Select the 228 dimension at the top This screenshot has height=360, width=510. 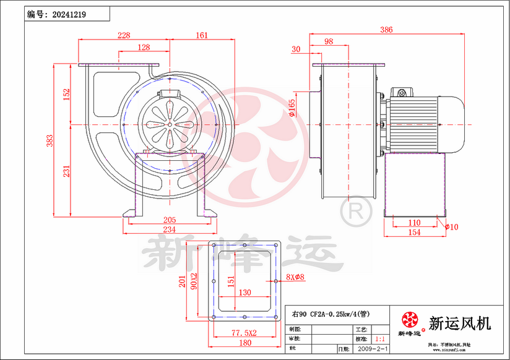point(124,35)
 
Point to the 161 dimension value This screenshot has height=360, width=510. point(201,35)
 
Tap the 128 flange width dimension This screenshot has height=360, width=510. point(144,48)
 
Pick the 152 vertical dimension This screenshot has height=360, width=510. point(66,94)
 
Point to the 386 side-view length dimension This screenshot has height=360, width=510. point(386,29)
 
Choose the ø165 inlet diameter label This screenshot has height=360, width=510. point(292,108)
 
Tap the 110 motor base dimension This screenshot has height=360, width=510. point(414,223)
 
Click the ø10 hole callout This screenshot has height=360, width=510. point(451,227)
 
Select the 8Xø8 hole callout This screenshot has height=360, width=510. point(296,277)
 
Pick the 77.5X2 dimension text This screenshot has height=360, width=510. point(244,333)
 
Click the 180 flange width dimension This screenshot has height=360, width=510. point(244,343)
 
